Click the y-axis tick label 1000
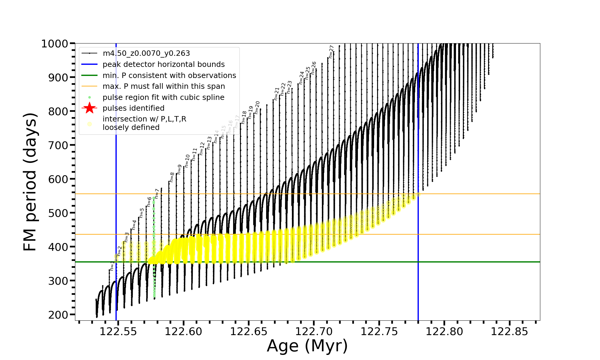[x=55, y=44]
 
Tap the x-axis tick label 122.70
[x=314, y=331]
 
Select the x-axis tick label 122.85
[x=509, y=331]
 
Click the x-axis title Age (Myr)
[x=307, y=346]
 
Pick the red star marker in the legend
[x=89, y=108]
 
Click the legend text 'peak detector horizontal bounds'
[x=163, y=64]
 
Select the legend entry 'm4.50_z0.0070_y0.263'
[x=146, y=53]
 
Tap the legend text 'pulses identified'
[x=133, y=108]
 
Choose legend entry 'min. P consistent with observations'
[x=169, y=75]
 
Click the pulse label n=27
[x=331, y=52]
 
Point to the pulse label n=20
[x=257, y=107]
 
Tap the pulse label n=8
[x=172, y=177]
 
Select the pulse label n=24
[x=301, y=78]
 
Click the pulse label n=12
[x=202, y=148]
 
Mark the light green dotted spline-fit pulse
[x=154, y=246]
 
